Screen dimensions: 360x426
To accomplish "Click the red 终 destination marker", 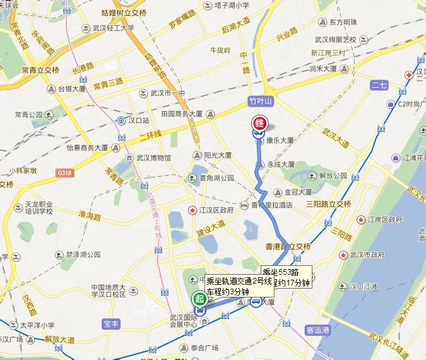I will (259, 124).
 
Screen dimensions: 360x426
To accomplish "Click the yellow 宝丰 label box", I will (110, 324).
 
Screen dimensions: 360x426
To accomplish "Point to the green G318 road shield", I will (64, 172).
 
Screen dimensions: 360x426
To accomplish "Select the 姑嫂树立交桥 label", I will (124, 13).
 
